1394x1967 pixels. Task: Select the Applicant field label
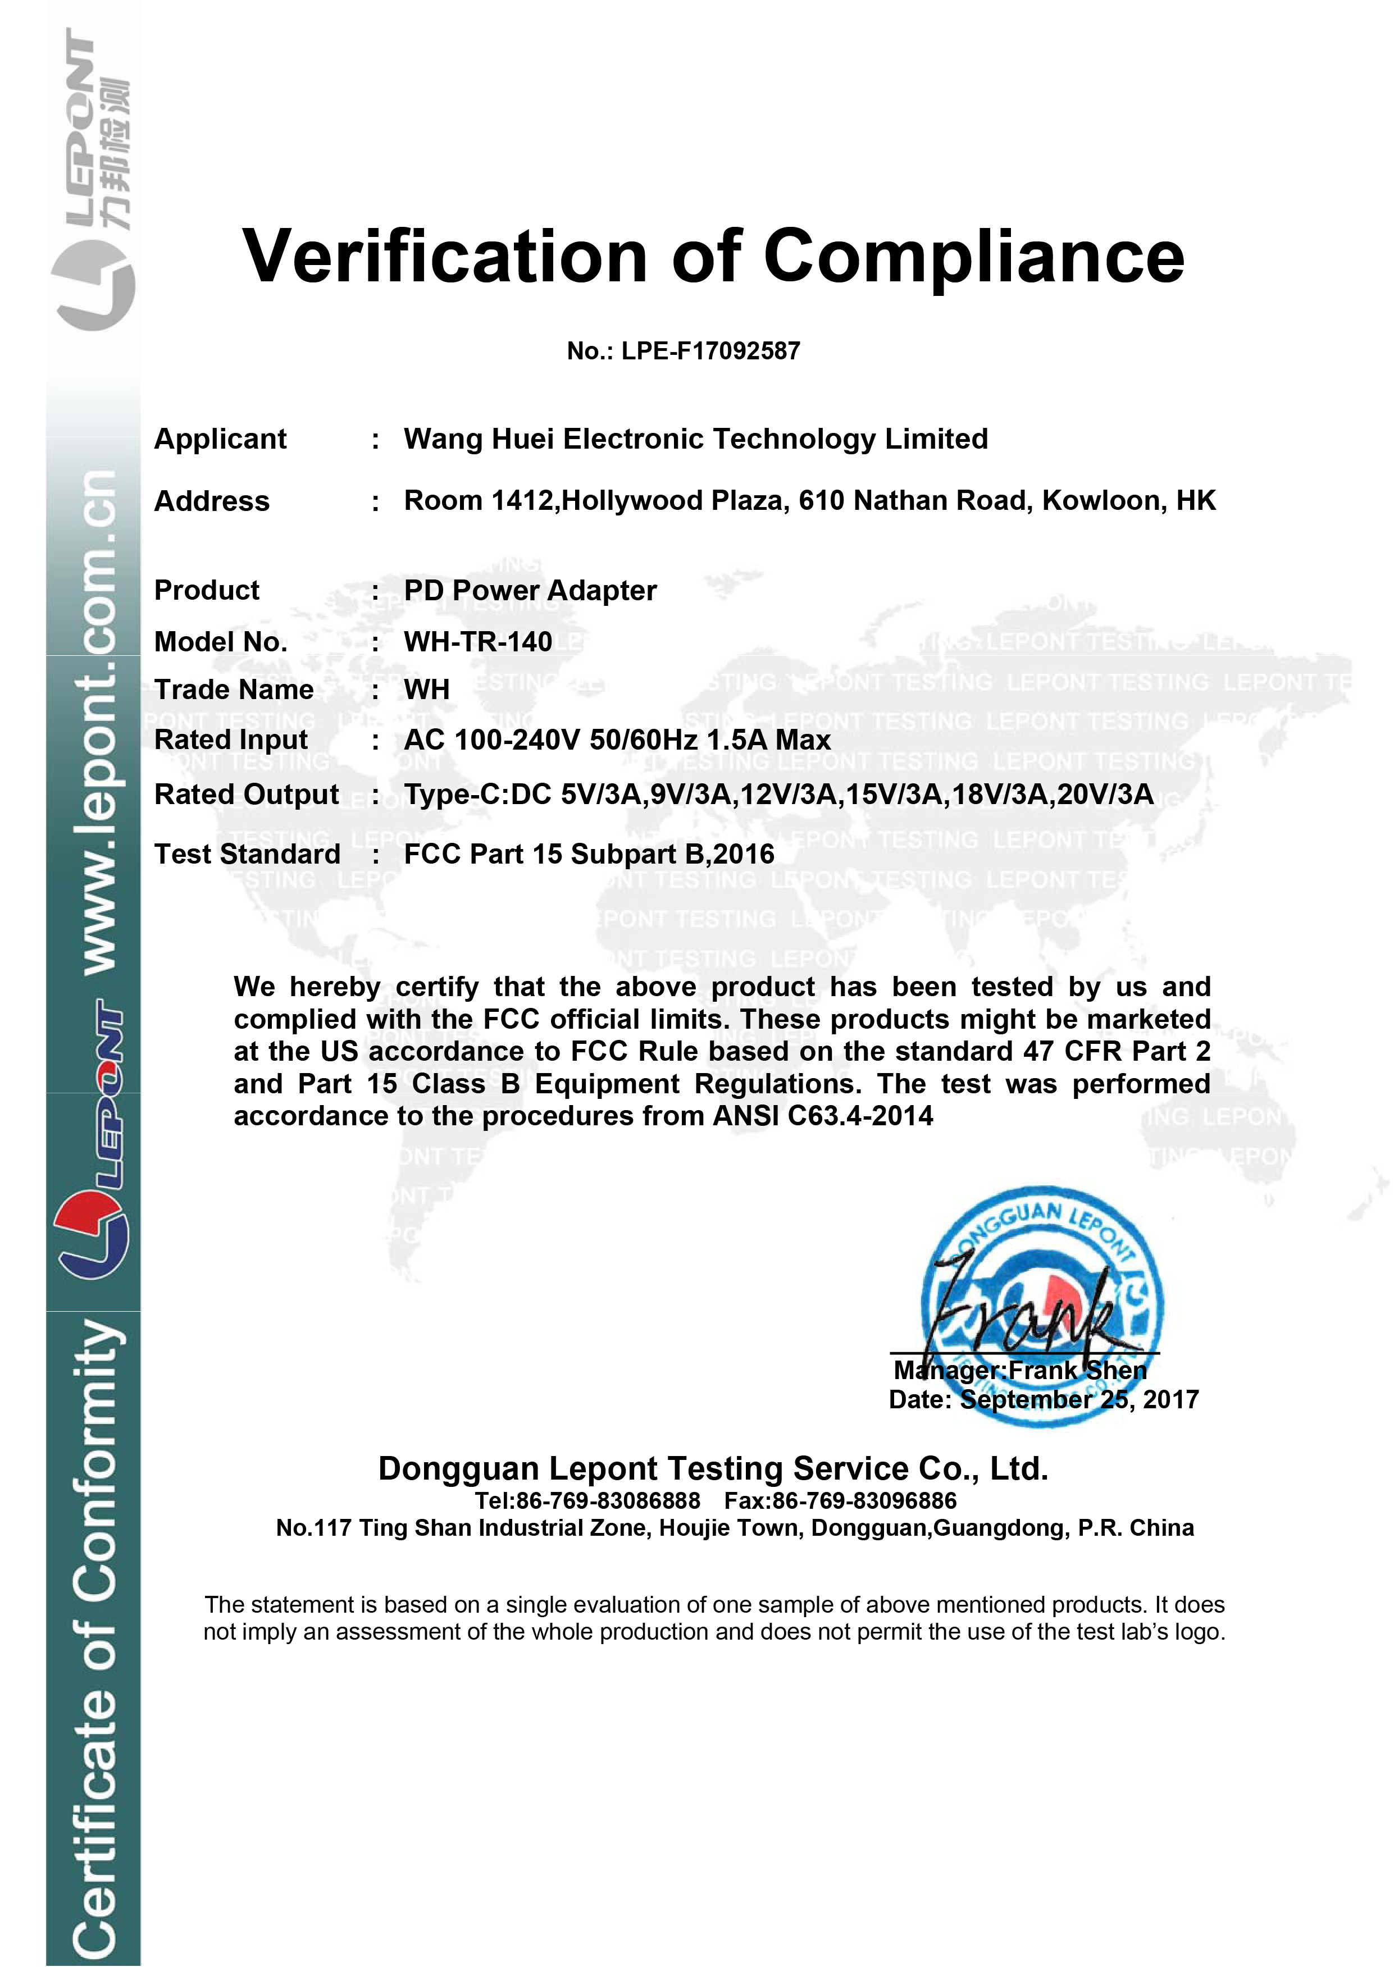(220, 440)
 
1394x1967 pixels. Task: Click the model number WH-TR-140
(478, 642)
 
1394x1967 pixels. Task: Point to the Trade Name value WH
(427, 689)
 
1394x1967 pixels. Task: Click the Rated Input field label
(230, 740)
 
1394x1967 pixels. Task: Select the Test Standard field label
(247, 855)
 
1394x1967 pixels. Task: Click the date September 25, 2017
(1079, 1400)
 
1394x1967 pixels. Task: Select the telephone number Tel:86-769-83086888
(588, 1501)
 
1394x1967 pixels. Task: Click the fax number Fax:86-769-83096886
(840, 1501)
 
